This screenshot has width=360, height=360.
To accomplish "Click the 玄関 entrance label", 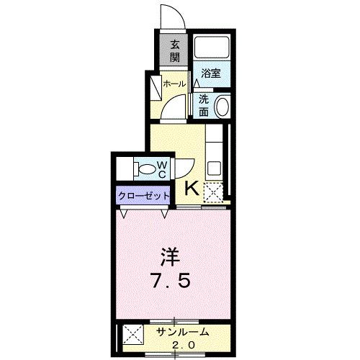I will (175, 51).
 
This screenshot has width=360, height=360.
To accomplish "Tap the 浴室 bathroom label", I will (210, 73).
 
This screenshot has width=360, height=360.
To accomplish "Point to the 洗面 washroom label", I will (204, 105).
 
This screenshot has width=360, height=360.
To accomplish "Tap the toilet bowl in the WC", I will (148, 171).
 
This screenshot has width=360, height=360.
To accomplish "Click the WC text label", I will (162, 170).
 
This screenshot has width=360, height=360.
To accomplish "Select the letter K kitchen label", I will (192, 189).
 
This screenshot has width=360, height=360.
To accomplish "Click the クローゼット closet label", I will (144, 195).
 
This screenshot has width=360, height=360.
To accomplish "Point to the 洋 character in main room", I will (170, 257).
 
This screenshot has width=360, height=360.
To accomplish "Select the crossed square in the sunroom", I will (131, 334).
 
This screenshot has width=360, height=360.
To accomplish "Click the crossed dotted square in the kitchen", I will (212, 192).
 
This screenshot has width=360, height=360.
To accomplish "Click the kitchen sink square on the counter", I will (214, 168).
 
